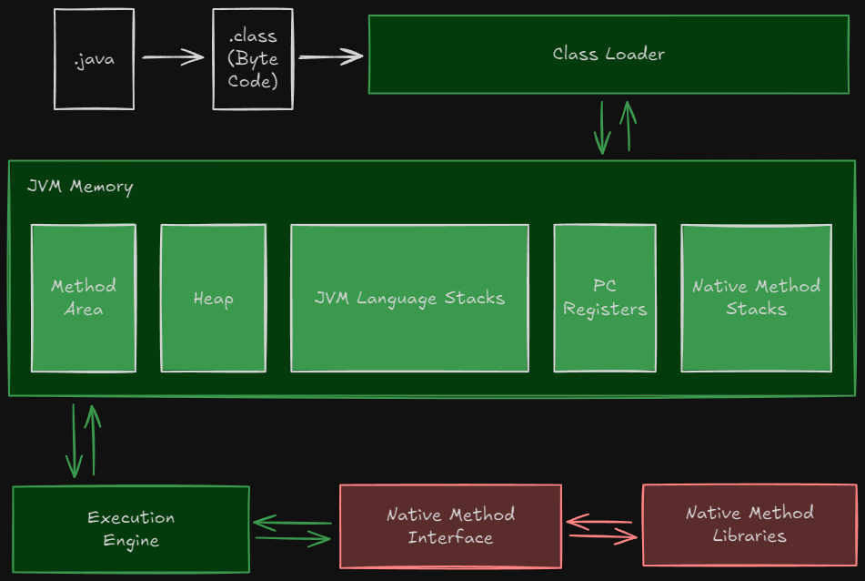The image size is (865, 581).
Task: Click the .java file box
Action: coord(95,59)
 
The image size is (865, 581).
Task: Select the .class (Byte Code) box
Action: coord(253,59)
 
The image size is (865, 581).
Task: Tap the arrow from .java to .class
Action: coord(173,56)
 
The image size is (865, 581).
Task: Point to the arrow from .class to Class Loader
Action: coord(331,56)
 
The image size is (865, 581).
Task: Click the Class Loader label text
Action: coord(609,54)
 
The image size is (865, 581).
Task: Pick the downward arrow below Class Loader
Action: coord(602,127)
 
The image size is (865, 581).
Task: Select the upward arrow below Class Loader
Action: coord(629,126)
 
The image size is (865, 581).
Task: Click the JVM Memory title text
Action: coord(80,187)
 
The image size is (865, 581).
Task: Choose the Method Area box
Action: coord(84,298)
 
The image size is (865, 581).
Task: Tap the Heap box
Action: coord(214,298)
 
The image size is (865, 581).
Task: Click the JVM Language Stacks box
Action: coord(410,298)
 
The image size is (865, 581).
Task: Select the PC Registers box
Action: coord(605,298)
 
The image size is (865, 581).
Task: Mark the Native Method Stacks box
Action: coord(757,298)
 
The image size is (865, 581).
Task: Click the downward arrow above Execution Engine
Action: coord(74,441)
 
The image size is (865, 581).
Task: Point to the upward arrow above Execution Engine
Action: coord(93,440)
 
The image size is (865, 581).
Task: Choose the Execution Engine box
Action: coord(131,529)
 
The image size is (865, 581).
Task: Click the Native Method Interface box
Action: coord(451,526)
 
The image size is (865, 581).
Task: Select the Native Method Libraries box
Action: coord(749,525)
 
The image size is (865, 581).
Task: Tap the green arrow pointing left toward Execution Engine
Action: coord(292,523)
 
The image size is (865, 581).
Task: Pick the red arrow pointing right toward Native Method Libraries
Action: coord(603,535)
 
